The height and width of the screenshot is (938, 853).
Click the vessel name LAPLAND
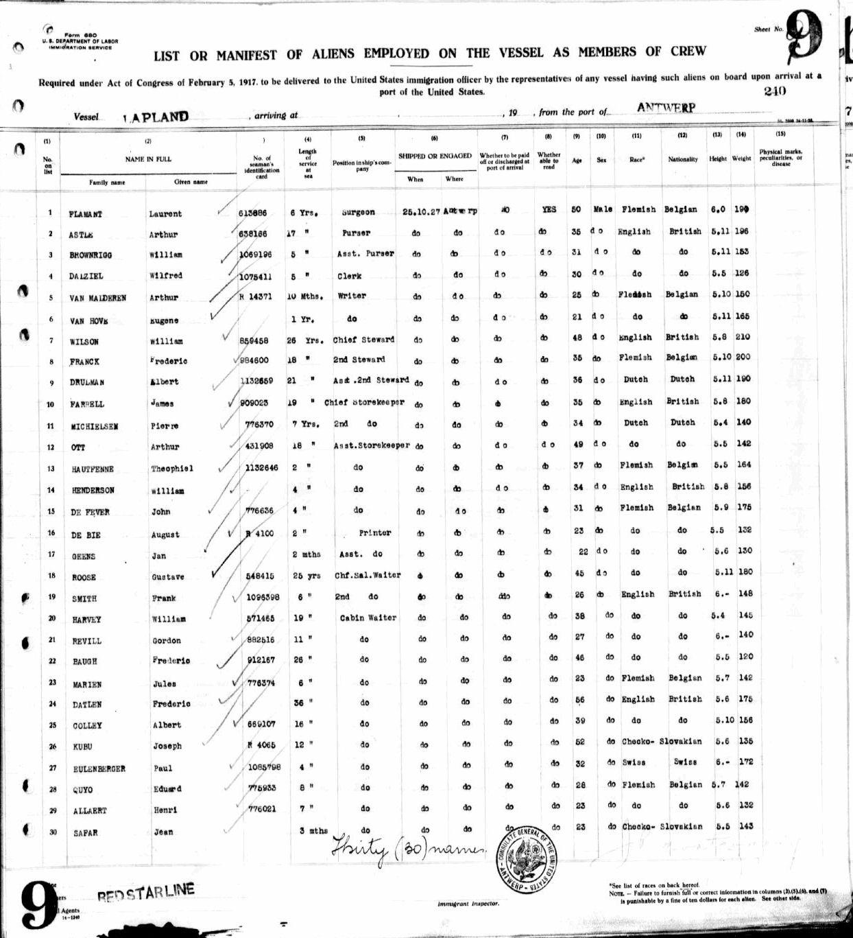pos(156,117)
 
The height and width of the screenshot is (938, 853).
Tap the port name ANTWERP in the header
pos(666,108)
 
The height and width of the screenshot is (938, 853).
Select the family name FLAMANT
pos(86,215)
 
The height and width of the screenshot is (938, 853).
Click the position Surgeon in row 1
pos(359,213)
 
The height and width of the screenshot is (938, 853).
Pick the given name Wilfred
pos(165,276)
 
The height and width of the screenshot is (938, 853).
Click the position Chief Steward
pos(363,340)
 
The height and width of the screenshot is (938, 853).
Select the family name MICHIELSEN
pos(94,427)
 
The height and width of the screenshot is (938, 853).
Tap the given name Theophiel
pos(172,469)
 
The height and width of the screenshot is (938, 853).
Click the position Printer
pos(374,532)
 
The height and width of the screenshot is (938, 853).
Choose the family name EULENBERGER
pos(99,769)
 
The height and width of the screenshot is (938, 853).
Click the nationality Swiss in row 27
pos(685,762)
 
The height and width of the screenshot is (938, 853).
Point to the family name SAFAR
pos(86,833)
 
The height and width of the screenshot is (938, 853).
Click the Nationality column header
pos(683,159)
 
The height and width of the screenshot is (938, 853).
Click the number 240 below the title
pos(774,91)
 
